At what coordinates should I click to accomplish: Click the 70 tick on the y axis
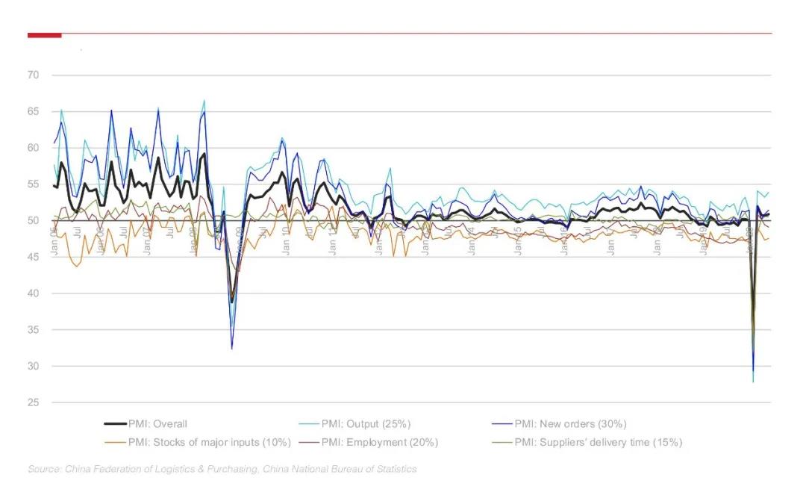[34, 75]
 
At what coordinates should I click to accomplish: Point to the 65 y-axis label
[34, 112]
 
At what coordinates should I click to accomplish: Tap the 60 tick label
[34, 148]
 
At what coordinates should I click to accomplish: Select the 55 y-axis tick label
[34, 184]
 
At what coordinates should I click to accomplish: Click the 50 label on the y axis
[34, 221]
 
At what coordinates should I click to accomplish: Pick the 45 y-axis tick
[34, 258]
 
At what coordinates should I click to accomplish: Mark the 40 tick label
[34, 293]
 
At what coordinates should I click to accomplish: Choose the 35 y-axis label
[34, 330]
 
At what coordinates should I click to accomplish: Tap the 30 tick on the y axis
[34, 367]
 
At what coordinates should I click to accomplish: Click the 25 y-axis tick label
[34, 403]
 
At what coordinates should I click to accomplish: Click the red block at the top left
[44, 34]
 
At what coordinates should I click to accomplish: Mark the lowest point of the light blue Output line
[752, 382]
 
